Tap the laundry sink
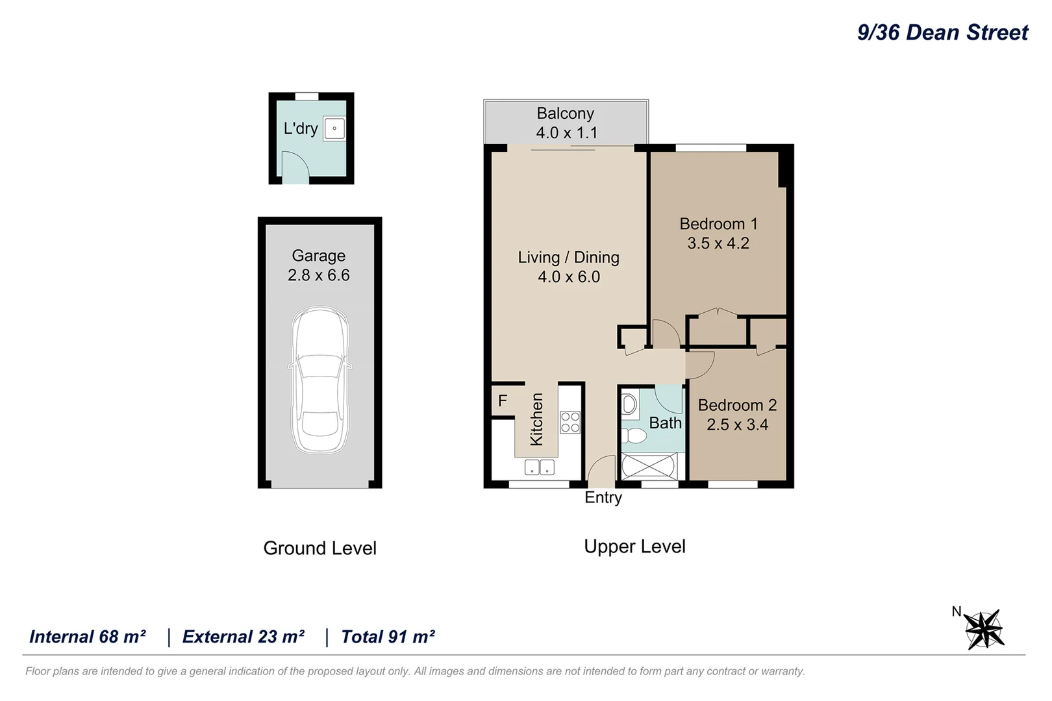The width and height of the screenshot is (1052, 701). (x=334, y=128)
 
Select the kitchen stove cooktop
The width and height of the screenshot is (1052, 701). (x=570, y=423)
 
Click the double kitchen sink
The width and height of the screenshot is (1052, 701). (x=539, y=467)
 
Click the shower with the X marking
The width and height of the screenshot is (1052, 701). (x=649, y=466)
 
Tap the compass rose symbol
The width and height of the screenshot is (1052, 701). (x=984, y=629)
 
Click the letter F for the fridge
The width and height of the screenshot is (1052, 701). (x=503, y=400)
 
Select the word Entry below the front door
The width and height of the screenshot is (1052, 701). (x=603, y=497)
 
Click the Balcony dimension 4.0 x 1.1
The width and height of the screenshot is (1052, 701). (x=567, y=133)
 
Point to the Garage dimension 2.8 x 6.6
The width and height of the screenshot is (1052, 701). (x=319, y=275)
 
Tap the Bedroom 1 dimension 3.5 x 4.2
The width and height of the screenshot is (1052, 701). (x=718, y=243)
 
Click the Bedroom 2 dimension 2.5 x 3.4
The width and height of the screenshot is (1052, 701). (x=737, y=424)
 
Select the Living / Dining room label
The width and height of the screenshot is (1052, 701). (x=568, y=257)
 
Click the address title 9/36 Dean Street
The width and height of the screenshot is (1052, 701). (x=942, y=32)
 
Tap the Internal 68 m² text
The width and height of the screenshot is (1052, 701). (x=88, y=637)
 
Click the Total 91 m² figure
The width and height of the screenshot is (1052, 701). (x=388, y=637)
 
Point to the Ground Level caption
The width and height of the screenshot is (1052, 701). (x=320, y=548)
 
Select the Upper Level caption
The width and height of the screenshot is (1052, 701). (x=634, y=547)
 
